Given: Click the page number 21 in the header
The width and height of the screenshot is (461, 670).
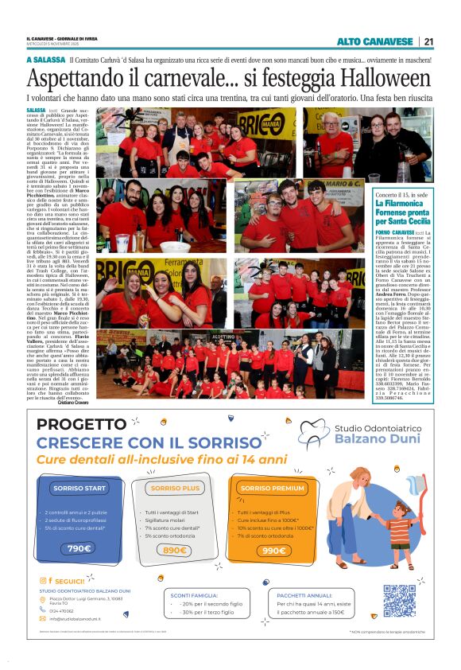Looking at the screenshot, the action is [428, 41].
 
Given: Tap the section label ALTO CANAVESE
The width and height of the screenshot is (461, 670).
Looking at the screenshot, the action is [374, 41].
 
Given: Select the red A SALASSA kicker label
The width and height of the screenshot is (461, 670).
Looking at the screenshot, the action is [45, 60].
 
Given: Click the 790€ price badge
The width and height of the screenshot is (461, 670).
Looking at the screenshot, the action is [79, 548].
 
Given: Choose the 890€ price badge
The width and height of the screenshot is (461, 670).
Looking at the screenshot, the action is [174, 550].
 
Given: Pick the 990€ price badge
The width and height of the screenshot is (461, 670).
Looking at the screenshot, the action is [273, 550].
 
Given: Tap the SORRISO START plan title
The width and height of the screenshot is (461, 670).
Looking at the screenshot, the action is [79, 488].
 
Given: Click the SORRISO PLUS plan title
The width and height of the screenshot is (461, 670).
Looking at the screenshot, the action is [175, 488].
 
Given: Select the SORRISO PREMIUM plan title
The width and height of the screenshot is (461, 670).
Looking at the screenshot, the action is [272, 488].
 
